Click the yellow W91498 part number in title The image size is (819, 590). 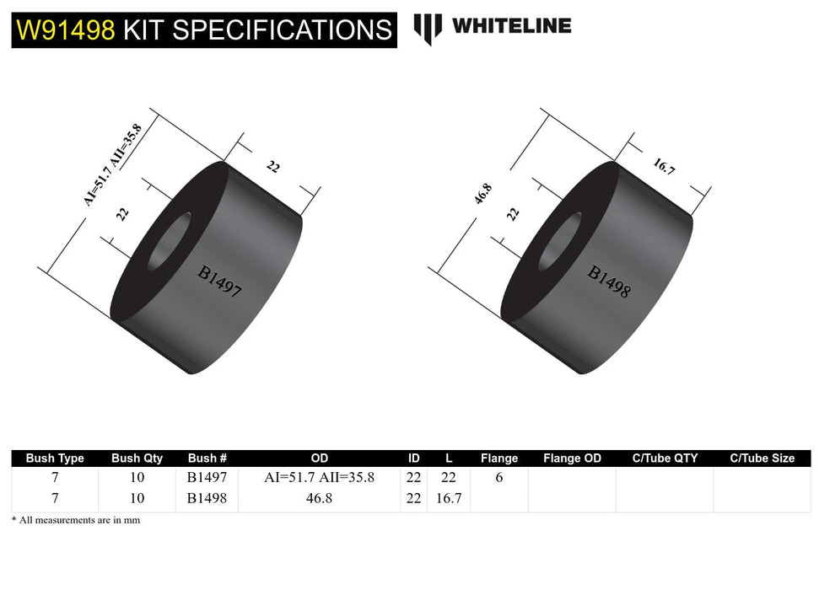(66, 30)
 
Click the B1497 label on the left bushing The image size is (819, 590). (220, 283)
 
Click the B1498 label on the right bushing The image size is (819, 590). (609, 282)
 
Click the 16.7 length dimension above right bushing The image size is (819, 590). (664, 165)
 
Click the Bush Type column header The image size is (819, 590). (55, 459)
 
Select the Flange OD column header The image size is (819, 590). (572, 459)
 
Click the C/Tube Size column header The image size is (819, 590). (762, 459)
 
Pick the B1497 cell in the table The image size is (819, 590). (207, 478)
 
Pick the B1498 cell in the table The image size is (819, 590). (207, 498)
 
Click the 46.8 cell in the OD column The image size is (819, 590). (319, 498)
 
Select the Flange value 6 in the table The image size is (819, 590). (498, 478)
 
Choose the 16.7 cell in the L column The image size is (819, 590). (448, 498)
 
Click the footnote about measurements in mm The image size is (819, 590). (76, 520)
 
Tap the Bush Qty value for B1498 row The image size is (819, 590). (137, 498)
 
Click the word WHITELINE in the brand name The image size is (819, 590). (511, 26)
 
